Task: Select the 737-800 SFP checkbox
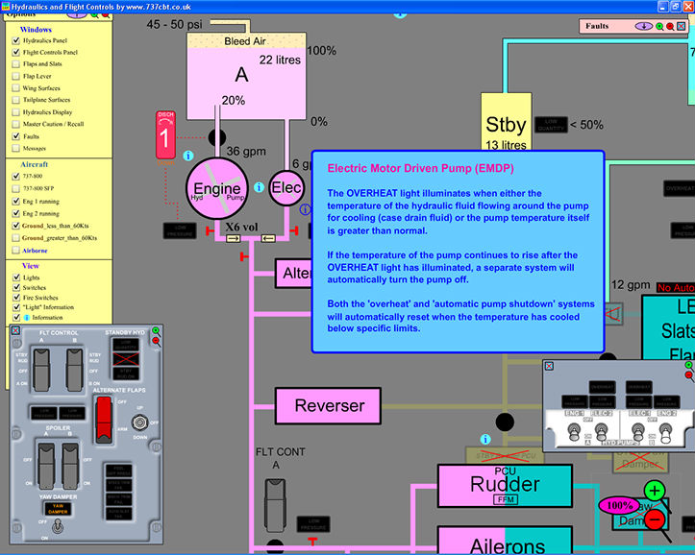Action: [15, 189]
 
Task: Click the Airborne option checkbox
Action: [15, 250]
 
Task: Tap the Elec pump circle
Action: [286, 189]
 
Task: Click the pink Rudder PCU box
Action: [503, 485]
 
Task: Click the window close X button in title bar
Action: [684, 6]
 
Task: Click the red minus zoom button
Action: [655, 519]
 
